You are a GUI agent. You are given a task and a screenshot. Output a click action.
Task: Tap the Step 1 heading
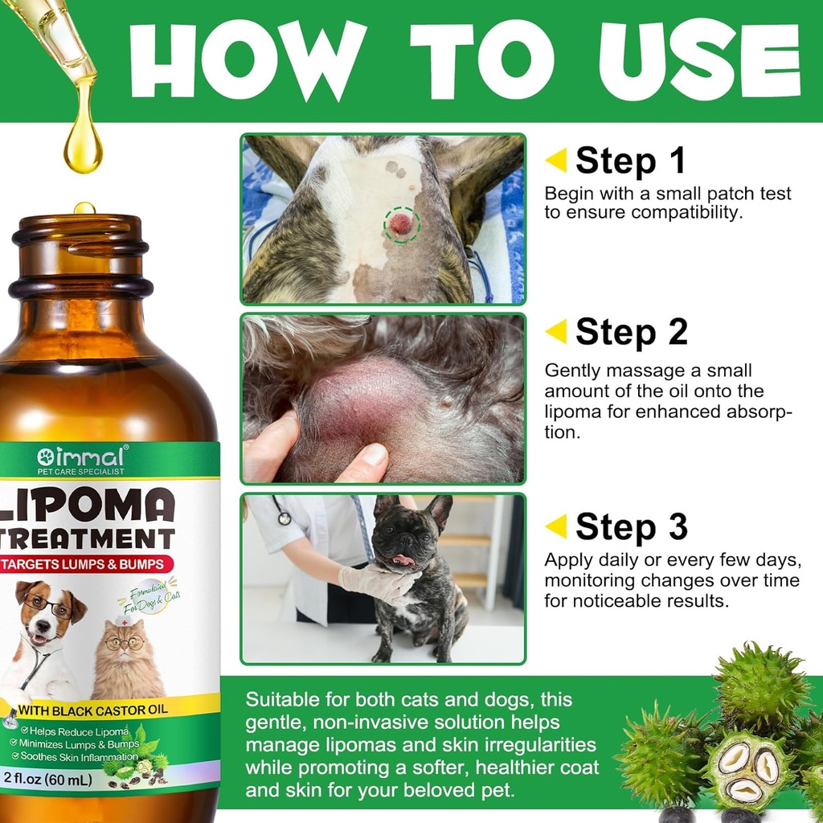630,161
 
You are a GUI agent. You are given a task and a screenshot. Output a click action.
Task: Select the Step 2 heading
631,332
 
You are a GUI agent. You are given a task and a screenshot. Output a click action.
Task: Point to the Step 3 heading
631,527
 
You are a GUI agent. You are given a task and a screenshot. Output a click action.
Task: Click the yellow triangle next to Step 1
556,160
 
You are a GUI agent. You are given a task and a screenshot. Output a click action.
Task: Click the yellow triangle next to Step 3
556,526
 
